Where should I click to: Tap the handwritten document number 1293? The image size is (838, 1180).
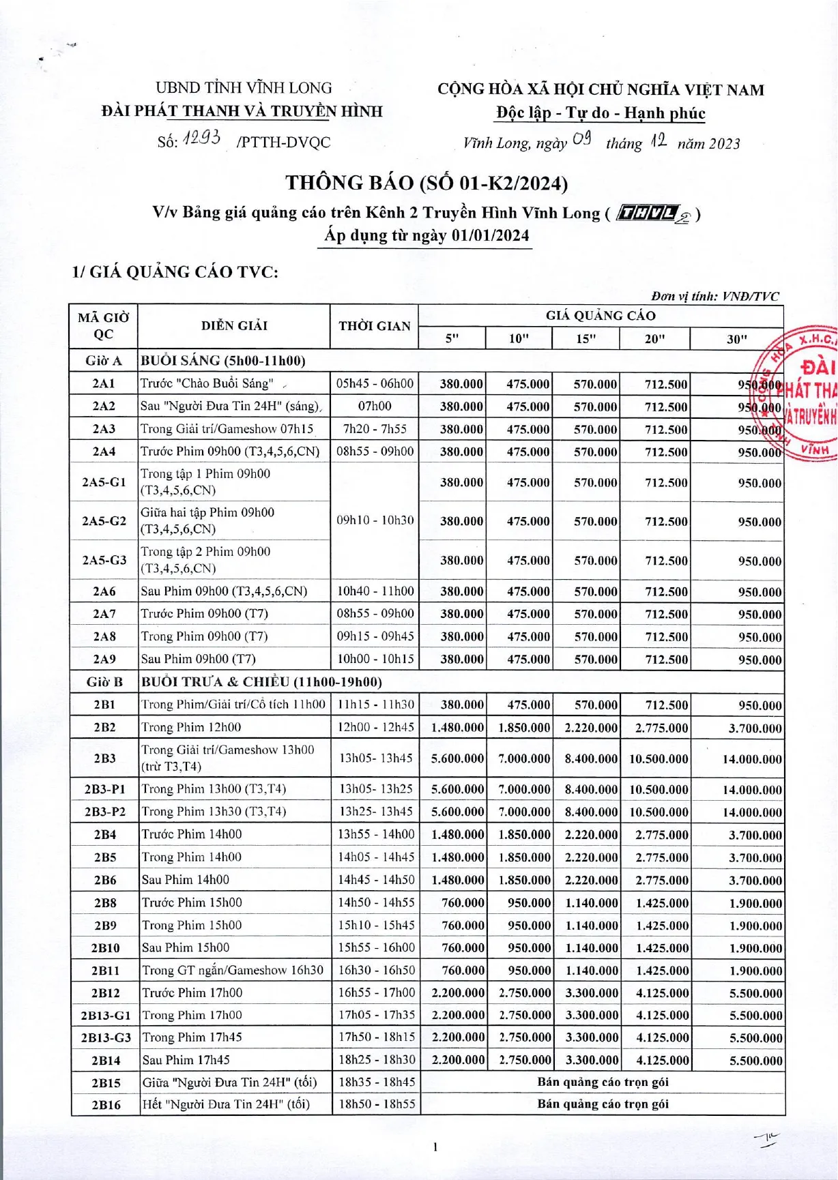[201, 139]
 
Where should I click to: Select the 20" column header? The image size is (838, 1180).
[654, 338]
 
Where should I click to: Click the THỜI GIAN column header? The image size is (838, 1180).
[374, 326]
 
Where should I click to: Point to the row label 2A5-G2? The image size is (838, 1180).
[104, 521]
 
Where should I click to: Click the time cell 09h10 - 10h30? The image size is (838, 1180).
[375, 520]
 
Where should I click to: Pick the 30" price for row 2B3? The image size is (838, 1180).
[752, 758]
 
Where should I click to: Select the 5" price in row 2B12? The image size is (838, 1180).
[458, 993]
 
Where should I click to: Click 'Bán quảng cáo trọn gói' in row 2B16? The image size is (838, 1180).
[603, 1104]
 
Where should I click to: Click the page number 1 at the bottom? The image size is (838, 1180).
[435, 1147]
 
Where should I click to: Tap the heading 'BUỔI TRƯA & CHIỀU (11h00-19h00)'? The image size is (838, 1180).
[261, 682]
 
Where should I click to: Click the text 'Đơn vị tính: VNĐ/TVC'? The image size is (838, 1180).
[714, 296]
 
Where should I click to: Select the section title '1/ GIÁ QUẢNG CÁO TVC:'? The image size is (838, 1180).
[175, 272]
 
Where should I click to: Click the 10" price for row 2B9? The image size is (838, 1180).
[528, 926]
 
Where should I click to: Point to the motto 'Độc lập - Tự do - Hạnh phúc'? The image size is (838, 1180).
[601, 113]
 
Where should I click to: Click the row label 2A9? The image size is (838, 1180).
[104, 659]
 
